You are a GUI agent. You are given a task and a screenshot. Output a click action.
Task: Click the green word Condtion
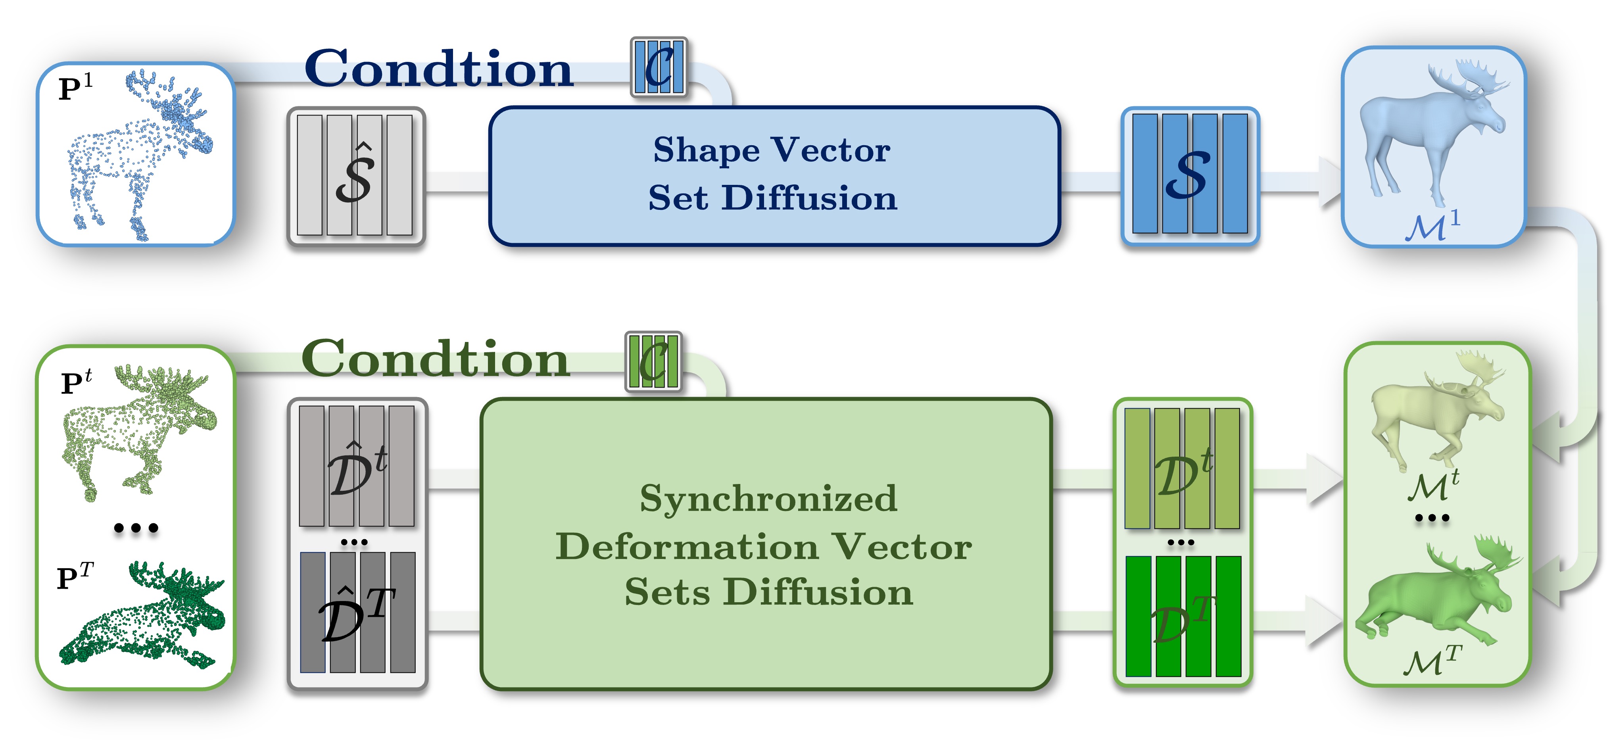(x=435, y=359)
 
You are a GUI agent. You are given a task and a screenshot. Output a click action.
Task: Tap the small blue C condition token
(x=659, y=67)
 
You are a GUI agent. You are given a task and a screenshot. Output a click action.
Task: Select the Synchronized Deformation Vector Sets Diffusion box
(x=766, y=544)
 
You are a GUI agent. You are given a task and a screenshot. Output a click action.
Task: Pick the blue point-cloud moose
(x=140, y=153)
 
